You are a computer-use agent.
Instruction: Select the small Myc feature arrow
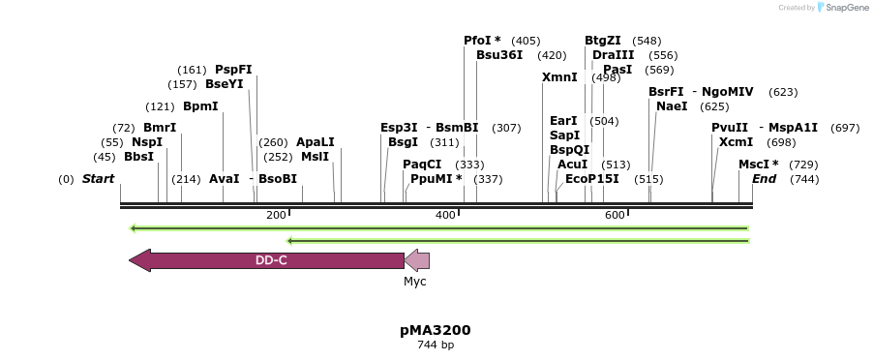pos(417,260)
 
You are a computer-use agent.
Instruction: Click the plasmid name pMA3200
pos(436,330)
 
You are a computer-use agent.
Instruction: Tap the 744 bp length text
pos(436,345)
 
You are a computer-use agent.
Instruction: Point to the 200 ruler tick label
pos(276,215)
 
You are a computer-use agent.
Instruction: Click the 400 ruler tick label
pos(445,215)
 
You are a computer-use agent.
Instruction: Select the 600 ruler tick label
pos(615,215)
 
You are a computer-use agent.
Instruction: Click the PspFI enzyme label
pos(233,70)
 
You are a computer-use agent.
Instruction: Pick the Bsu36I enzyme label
pos(499,55)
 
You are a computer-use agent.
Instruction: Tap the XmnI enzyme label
pos(559,77)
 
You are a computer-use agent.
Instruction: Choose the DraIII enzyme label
pos(613,55)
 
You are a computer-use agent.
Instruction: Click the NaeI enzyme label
pos(672,106)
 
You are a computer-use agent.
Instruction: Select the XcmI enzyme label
pos(736,142)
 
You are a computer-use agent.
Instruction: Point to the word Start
pos(98,179)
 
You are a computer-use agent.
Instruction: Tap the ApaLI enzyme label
pos(316,142)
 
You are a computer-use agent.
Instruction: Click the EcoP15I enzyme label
pos(591,179)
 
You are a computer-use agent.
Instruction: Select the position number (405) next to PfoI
pos(526,41)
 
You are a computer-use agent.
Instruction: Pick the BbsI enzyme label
pos(138,157)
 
